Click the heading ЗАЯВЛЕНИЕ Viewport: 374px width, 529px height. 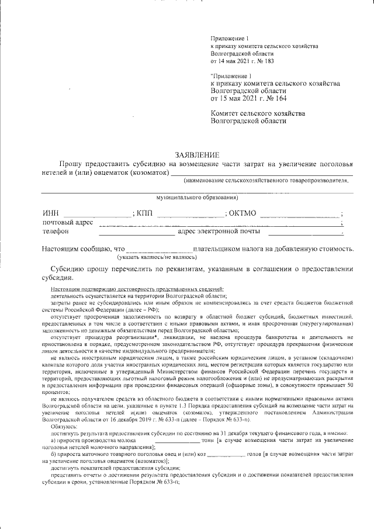tap(197, 155)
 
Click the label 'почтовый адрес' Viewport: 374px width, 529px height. tap(67, 223)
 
